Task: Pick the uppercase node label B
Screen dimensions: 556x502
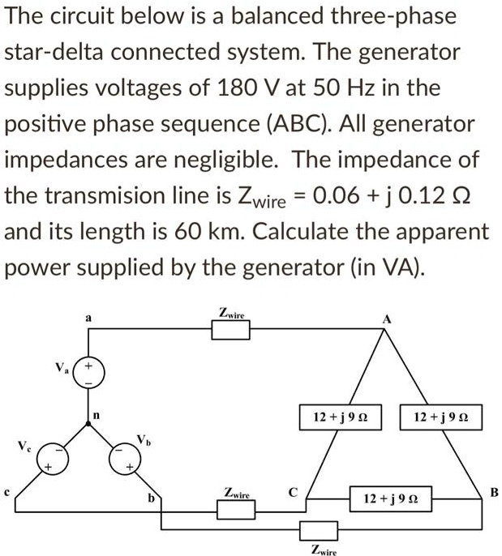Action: coord(494,491)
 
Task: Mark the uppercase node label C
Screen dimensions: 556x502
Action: coord(294,491)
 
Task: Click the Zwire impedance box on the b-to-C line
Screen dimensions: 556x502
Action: coord(236,508)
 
